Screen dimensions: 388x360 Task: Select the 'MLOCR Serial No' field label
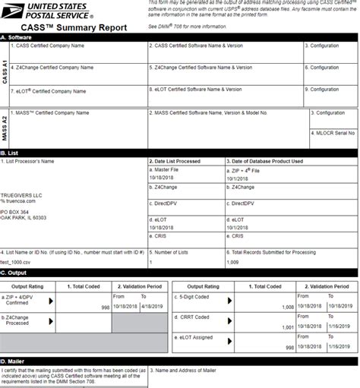pyautogui.click(x=334, y=132)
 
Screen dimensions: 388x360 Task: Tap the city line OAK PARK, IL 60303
pyautogui.click(x=24, y=217)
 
